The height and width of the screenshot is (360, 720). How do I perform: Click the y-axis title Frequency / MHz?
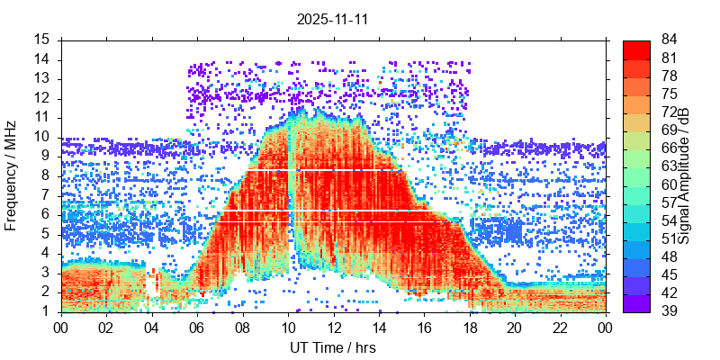(12, 175)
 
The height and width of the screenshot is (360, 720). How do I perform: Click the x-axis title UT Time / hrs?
(333, 347)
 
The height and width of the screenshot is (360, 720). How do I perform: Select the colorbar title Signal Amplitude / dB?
(684, 175)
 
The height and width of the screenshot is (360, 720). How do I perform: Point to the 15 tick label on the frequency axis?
(41, 40)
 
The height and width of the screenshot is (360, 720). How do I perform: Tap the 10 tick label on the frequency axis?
(41, 137)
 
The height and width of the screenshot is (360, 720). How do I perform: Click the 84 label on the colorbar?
(670, 40)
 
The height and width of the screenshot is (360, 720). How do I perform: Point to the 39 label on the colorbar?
(670, 311)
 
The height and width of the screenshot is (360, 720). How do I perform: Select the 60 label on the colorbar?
(670, 184)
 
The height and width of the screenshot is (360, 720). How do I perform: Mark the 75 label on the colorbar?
(670, 94)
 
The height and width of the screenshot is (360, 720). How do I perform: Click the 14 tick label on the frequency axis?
(41, 59)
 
